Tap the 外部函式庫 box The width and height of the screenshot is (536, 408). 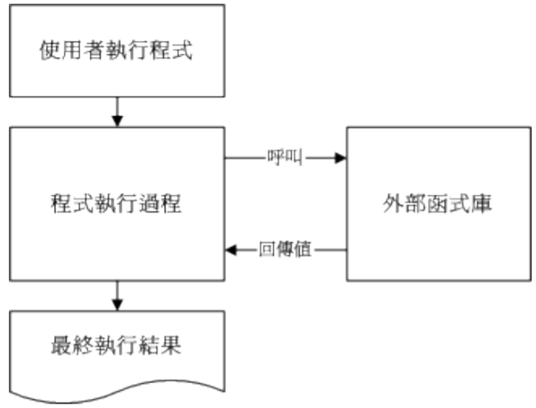(x=439, y=203)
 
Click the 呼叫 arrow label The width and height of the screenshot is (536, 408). (x=284, y=157)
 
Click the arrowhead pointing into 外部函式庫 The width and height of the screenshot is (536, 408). (x=340, y=157)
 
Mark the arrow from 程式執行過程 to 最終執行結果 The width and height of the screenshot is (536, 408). (x=116, y=296)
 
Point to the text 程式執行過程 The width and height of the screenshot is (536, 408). (x=116, y=203)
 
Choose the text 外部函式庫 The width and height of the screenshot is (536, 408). (x=439, y=203)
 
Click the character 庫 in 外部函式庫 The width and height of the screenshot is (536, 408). (x=483, y=203)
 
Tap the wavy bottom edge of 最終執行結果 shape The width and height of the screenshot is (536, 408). (x=116, y=395)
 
